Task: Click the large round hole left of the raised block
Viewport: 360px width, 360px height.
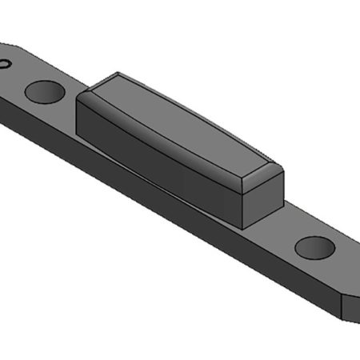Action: [44, 90]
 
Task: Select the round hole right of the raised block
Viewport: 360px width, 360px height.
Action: [314, 246]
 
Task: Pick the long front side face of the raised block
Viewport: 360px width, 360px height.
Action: [160, 160]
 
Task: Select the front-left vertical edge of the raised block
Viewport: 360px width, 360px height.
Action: [77, 116]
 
